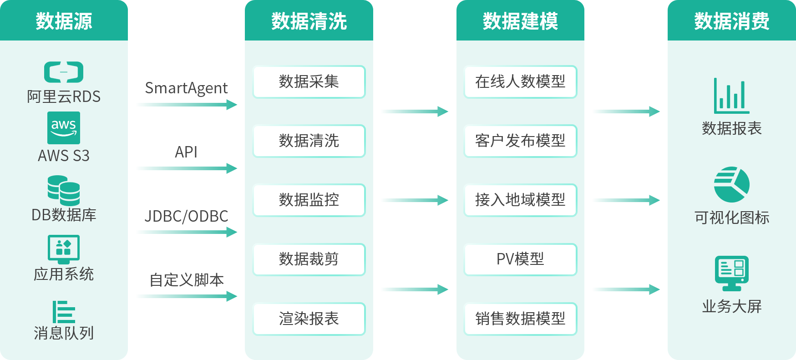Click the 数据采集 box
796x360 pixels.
pos(309,82)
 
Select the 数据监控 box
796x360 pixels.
pos(309,200)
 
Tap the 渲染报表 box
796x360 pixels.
pos(309,319)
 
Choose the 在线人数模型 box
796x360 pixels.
pos(520,82)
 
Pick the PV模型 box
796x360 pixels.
pos(520,259)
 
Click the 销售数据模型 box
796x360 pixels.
pos(520,319)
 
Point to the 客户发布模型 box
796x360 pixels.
pos(520,141)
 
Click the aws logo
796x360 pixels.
pos(64,127)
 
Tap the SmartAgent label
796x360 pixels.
pos(186,88)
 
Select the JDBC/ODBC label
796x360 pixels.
pos(186,216)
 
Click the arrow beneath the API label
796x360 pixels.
pos(186,168)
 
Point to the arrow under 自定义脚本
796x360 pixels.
pos(186,297)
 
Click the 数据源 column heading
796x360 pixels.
pos(64,21)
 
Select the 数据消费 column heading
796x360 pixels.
pos(731,21)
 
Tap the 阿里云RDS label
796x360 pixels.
pos(64,96)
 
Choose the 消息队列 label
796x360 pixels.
pos(64,333)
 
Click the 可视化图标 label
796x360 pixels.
pos(731,218)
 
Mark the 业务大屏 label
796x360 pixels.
pos(731,307)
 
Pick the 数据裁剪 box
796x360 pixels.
pos(309,259)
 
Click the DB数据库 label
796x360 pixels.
pos(64,215)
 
